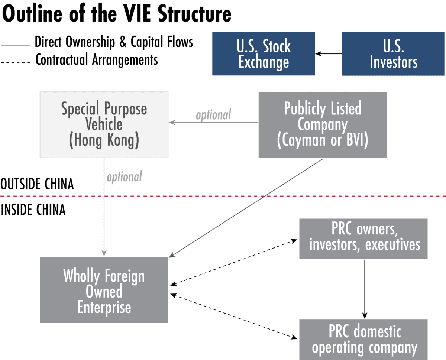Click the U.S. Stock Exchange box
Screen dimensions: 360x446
(x=264, y=54)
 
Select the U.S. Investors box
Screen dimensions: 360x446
(x=393, y=54)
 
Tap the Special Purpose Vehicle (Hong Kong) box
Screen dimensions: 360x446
(x=104, y=124)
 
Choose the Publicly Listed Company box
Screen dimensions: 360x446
(x=322, y=124)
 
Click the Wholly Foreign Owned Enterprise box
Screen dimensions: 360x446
(x=104, y=290)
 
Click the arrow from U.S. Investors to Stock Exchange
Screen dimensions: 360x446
(x=328, y=54)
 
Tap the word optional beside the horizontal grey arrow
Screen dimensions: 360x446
(x=213, y=115)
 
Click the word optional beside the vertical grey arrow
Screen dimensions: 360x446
(x=125, y=177)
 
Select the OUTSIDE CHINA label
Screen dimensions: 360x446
(x=37, y=184)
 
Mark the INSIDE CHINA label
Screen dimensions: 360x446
(x=33, y=210)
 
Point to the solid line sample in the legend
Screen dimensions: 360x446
(x=16, y=45)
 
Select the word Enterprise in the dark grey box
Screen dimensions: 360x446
(x=104, y=308)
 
